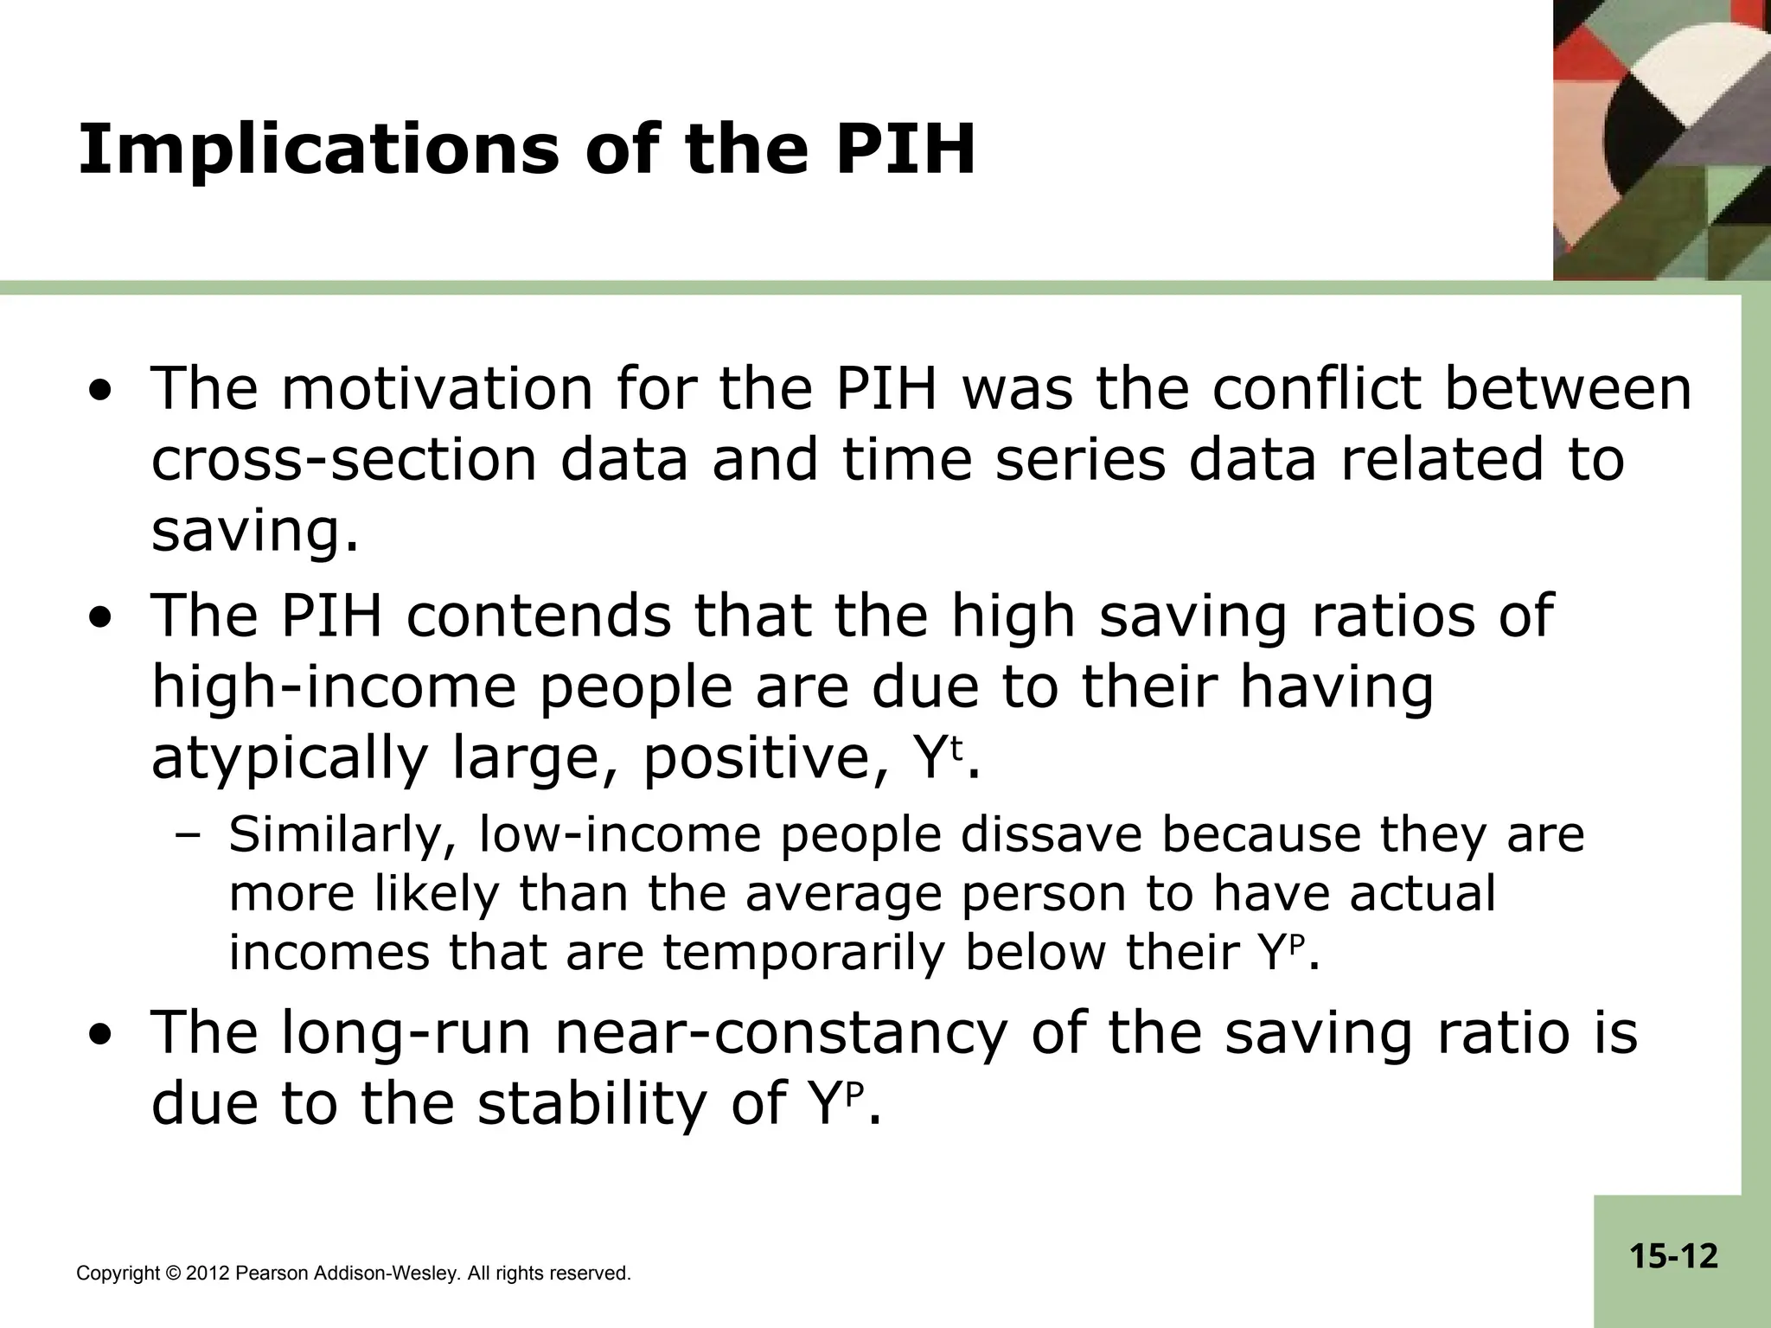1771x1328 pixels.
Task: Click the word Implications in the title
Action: tap(319, 149)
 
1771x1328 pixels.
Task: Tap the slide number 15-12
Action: tap(1674, 1256)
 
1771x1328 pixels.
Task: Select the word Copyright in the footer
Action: tap(118, 1274)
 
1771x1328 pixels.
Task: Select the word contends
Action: tap(538, 616)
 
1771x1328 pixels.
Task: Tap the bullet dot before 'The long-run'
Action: tap(103, 1035)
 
